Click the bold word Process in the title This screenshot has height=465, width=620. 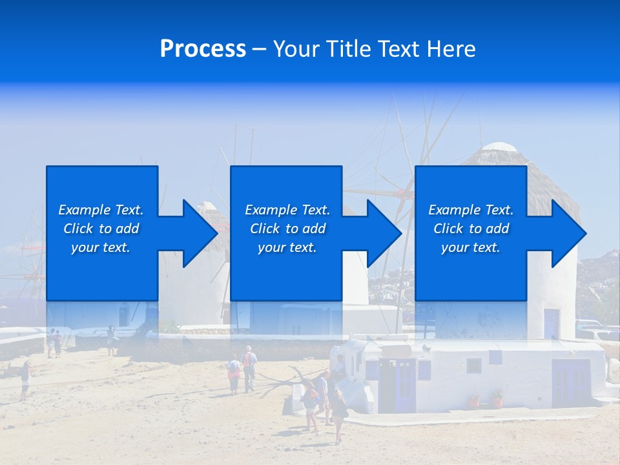tap(203, 49)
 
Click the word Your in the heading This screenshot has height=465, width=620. tap(297, 49)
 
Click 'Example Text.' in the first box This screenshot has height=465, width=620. tap(101, 210)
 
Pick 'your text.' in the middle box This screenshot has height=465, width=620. tap(287, 247)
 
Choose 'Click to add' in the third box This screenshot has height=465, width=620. tap(471, 229)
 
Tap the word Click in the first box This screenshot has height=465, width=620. tap(79, 229)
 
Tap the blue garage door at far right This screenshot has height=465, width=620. tap(571, 383)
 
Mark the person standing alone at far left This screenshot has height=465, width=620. tap(25, 380)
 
